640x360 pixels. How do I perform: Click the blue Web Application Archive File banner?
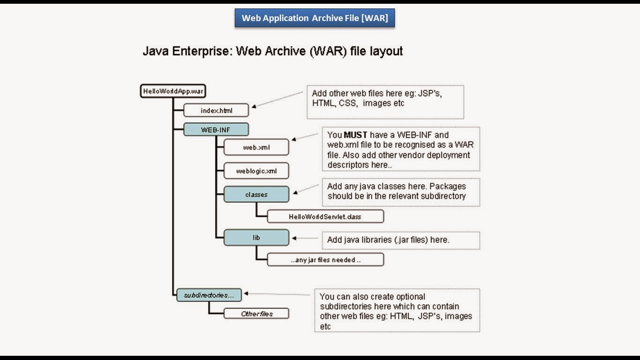coord(314,18)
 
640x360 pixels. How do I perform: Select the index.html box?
coord(216,111)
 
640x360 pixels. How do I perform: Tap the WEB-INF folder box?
coord(216,130)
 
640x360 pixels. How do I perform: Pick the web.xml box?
coord(256,148)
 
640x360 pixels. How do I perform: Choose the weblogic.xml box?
coord(256,171)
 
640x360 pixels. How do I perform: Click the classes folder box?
coord(256,195)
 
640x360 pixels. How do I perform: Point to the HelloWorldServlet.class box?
coord(325,217)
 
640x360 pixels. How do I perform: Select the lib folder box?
coord(256,238)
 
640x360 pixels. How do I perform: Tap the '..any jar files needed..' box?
coord(325,260)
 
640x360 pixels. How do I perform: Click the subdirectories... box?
coord(209,295)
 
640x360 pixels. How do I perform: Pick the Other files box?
coord(256,314)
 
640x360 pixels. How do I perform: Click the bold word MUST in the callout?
coord(356,135)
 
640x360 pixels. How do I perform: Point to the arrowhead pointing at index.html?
coord(254,106)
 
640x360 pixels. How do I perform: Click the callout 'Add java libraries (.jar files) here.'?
coord(388,240)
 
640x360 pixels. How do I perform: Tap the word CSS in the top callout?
coord(348,103)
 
